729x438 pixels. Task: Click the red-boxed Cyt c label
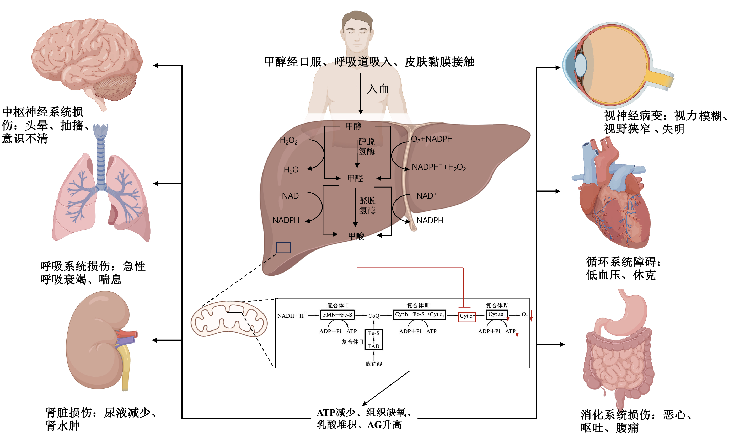[x=466, y=316]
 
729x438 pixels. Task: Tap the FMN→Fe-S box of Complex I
[x=337, y=315]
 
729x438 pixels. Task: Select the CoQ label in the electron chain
[x=373, y=316]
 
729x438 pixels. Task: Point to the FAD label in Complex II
[x=373, y=346]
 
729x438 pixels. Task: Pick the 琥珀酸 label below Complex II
[x=373, y=364]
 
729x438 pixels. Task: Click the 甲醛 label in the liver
[x=355, y=178]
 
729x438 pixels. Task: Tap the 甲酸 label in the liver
[x=356, y=236]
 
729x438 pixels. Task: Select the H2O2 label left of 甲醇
[x=288, y=141]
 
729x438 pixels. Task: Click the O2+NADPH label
[x=431, y=139]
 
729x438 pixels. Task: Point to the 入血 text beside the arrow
[x=378, y=89]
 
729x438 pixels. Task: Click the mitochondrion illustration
[x=229, y=319]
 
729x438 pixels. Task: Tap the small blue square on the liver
[x=283, y=248]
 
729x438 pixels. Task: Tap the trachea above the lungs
[x=101, y=153]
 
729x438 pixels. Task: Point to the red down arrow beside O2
[x=531, y=316]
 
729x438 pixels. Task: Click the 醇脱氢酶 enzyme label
[x=366, y=146]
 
